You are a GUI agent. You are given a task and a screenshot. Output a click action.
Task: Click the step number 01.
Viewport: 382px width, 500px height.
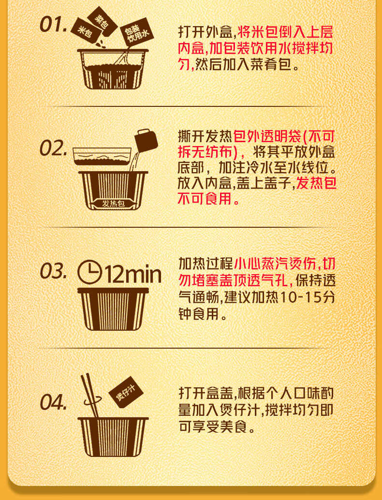(x=53, y=24)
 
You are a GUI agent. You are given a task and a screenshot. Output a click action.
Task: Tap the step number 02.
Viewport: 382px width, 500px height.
(x=53, y=148)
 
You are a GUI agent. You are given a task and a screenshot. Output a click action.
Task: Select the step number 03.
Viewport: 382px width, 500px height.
(x=53, y=271)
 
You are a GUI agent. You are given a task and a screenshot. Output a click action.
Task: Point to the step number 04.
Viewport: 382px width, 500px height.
(x=53, y=402)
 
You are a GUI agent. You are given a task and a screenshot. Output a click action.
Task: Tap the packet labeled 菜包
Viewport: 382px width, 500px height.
(x=102, y=20)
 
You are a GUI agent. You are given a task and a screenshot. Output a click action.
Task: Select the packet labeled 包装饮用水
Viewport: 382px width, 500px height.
(x=136, y=33)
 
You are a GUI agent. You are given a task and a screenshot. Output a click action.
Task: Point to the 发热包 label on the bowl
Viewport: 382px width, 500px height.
(x=113, y=203)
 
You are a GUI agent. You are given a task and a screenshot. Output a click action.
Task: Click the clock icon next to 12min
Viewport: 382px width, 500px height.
(x=90, y=272)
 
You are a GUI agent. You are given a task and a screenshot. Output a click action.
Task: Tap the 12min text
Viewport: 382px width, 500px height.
(x=133, y=274)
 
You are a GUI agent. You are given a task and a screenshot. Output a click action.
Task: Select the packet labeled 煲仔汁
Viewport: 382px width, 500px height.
(x=126, y=392)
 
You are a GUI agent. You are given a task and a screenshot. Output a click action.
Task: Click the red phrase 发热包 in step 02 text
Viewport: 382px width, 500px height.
(x=316, y=183)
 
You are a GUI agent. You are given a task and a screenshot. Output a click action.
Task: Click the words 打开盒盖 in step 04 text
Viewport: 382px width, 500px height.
(x=206, y=393)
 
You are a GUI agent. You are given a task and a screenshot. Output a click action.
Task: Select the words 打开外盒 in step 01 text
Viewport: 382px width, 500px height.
(x=206, y=32)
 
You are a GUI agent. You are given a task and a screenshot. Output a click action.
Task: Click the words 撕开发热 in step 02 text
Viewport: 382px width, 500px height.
(x=205, y=136)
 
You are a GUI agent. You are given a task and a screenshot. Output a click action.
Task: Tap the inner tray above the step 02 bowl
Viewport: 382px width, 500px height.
(x=102, y=156)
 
